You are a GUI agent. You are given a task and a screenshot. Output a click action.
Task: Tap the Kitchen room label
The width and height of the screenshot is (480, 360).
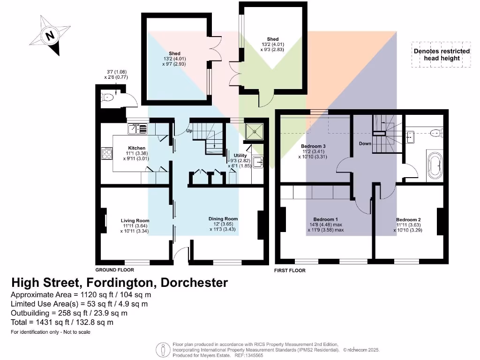[130, 148]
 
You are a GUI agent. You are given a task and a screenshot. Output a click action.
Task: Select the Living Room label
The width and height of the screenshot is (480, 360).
[135, 220]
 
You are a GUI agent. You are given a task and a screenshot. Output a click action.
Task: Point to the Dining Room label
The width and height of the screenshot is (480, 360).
[223, 218]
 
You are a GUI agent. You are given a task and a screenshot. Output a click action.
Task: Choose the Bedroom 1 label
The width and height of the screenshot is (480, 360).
[325, 219]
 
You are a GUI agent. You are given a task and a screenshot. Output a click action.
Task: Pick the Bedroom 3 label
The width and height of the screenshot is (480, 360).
[313, 146]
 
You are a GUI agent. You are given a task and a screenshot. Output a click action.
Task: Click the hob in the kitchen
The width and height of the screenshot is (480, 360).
[107, 154]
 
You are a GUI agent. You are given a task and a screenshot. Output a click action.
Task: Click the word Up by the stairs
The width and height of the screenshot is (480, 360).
[190, 131]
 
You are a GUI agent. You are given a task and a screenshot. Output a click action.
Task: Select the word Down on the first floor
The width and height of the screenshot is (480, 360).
[365, 143]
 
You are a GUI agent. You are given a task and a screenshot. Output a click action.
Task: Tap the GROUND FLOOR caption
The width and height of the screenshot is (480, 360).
[114, 270]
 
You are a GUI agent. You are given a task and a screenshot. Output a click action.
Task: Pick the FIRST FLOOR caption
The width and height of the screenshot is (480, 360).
[290, 270]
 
